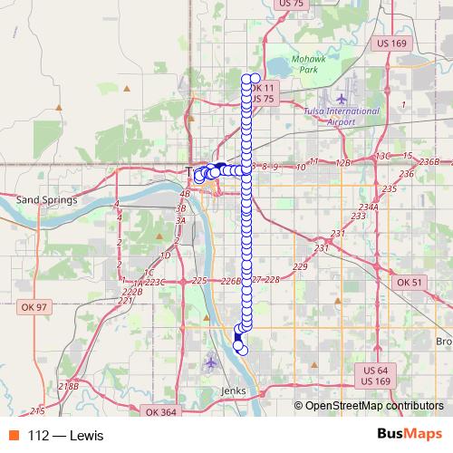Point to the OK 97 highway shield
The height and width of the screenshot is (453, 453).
[34, 308]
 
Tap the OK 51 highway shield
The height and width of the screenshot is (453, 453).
[410, 283]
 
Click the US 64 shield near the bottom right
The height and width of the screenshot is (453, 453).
[376, 370]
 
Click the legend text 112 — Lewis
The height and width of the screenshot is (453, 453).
[65, 436]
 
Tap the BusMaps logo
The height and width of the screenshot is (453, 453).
[409, 435]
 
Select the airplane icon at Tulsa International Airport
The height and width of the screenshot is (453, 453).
[341, 98]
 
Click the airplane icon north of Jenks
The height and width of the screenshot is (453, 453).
[211, 363]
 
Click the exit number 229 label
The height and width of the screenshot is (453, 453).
[300, 266]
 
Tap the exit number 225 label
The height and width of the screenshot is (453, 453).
[200, 281]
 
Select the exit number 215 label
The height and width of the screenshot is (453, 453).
[37, 410]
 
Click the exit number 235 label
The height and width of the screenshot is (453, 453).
[390, 188]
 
